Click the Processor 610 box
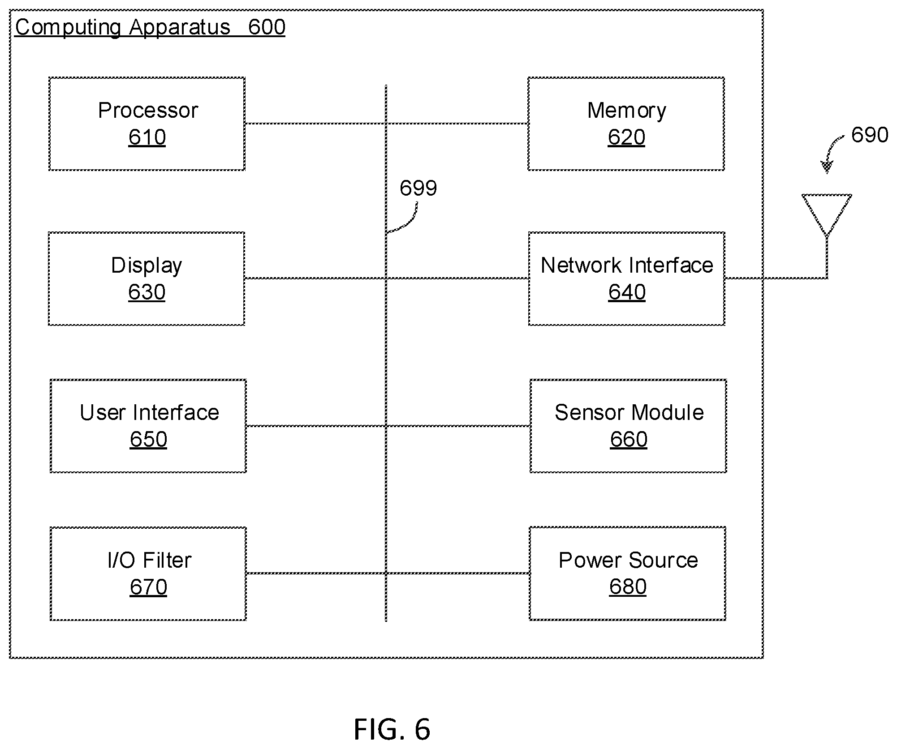click(147, 124)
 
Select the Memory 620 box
click(626, 124)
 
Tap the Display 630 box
click(147, 278)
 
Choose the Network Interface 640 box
click(626, 278)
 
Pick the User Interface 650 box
click(148, 426)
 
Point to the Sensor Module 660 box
click(628, 426)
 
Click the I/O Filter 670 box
click(148, 574)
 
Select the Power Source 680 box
click(627, 574)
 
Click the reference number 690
click(870, 135)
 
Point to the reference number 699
click(418, 188)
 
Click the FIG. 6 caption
click(392, 729)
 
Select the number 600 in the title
click(267, 27)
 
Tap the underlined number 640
click(627, 292)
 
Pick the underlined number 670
click(148, 587)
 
